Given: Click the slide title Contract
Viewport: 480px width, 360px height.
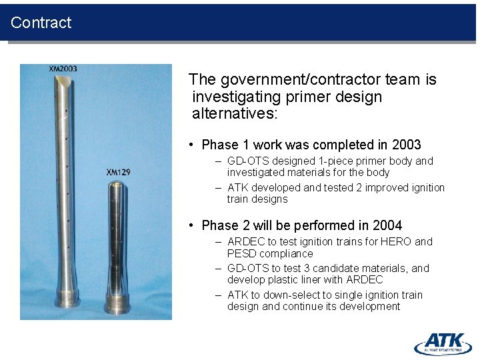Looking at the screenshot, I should [41, 23].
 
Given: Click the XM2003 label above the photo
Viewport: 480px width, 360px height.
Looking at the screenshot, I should [63, 69].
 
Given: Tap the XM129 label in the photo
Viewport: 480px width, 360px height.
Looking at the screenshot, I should [118, 173].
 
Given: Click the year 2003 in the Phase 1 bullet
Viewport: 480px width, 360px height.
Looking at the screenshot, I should [407, 145].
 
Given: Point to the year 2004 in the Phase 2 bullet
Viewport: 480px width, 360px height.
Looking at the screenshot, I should [389, 225].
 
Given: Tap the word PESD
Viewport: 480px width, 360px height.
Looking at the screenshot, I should [241, 253].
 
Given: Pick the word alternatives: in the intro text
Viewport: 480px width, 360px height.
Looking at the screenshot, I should [233, 113].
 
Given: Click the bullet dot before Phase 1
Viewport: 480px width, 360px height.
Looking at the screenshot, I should [191, 145].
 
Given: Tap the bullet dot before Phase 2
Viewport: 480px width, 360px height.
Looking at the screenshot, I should [191, 226].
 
